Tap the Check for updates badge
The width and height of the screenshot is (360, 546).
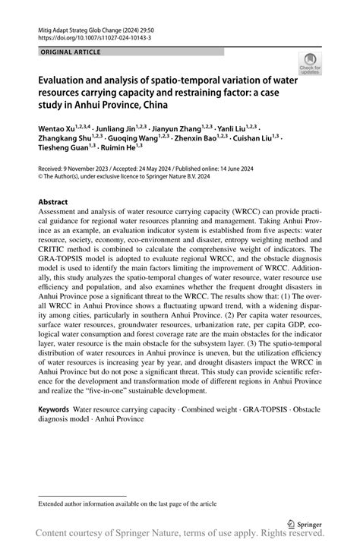click(x=310, y=65)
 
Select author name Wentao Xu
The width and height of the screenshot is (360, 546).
click(x=58, y=128)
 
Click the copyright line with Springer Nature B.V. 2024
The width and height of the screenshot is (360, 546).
click(x=125, y=177)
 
